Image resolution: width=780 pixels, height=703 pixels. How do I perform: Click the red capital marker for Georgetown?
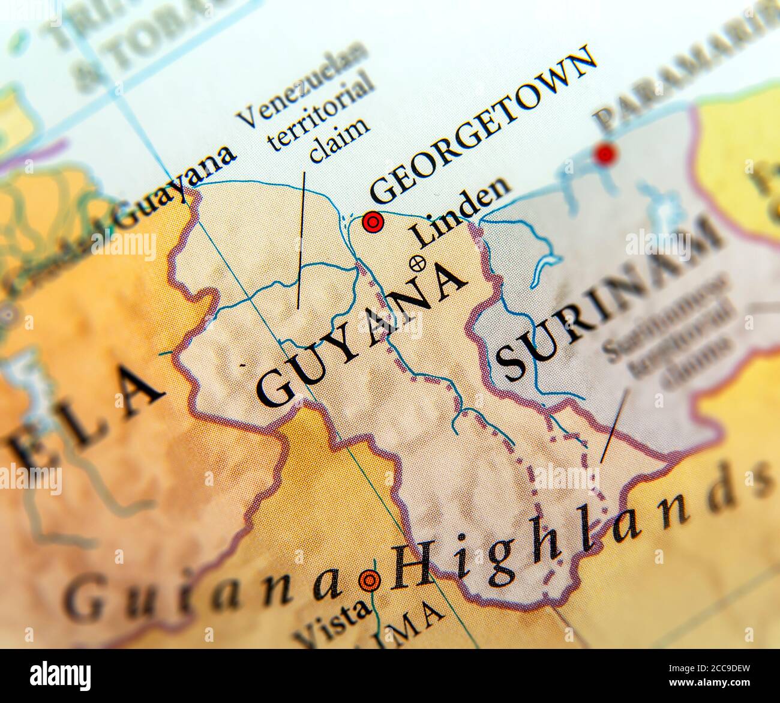click(373, 223)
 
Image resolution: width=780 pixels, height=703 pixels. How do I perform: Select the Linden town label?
click(461, 213)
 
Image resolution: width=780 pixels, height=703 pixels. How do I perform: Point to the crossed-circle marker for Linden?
click(417, 262)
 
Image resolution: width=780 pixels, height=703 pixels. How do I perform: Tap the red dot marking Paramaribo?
click(605, 154)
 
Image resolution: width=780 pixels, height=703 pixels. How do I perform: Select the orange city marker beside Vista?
click(368, 580)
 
